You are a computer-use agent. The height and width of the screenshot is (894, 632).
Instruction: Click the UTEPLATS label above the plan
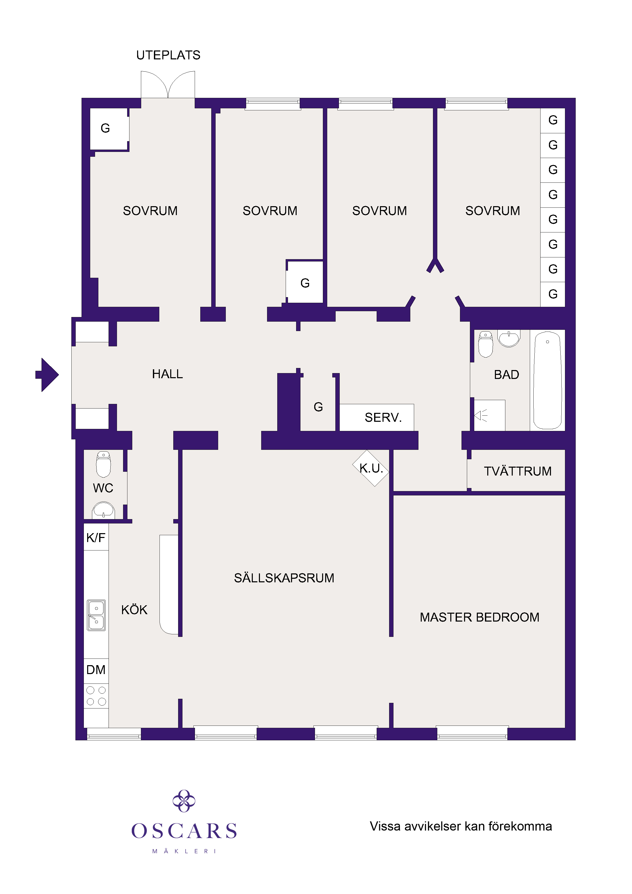168,55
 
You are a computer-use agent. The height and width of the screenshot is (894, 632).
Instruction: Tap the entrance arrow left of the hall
47,375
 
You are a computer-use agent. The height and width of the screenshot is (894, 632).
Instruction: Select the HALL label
167,374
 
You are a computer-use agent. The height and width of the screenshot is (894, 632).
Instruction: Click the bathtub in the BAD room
547,380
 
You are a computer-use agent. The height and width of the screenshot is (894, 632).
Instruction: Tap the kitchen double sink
96,615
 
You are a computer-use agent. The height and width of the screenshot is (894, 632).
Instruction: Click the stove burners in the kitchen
96,696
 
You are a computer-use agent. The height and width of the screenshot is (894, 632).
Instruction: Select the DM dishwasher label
96,670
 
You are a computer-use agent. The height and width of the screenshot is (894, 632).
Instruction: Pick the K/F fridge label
96,538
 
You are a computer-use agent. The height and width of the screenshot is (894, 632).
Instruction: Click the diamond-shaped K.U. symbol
371,468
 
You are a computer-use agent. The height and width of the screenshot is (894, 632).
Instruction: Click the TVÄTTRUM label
518,471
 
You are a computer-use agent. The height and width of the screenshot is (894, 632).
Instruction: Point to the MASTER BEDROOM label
479,617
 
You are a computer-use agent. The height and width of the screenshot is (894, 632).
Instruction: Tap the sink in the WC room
103,510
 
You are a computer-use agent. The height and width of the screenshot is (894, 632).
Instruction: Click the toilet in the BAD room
485,344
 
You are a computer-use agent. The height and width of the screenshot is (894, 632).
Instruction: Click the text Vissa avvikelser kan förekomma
461,826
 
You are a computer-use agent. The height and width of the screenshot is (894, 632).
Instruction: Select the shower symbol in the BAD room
481,415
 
